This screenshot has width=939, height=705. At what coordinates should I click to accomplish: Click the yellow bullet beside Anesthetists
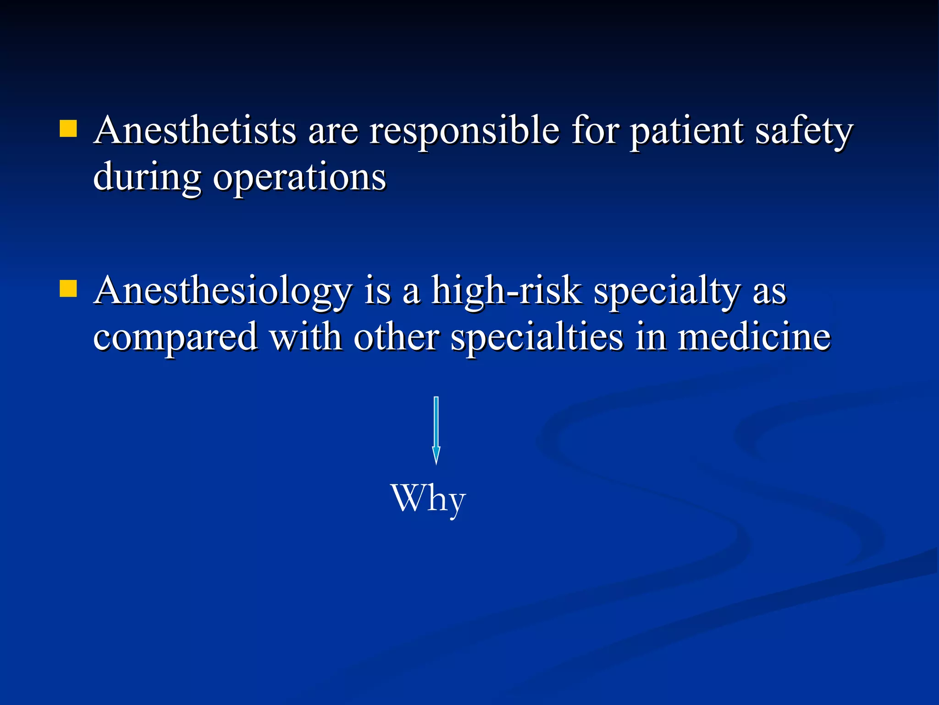[68, 129]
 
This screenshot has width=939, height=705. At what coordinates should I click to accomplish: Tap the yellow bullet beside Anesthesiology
[68, 289]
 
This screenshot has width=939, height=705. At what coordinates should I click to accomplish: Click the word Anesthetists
[195, 130]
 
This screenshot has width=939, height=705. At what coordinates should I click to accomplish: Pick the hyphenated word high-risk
[507, 291]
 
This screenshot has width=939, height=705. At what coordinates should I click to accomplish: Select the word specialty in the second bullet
[667, 292]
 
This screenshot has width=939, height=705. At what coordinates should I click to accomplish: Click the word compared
[175, 338]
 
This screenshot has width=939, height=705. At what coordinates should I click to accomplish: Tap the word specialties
[537, 338]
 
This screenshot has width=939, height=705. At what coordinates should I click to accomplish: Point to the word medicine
[754, 337]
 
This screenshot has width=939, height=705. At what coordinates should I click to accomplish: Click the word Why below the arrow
[428, 499]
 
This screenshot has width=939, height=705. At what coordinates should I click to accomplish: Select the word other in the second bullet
[396, 337]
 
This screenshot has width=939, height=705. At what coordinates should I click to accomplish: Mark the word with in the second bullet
[306, 337]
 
